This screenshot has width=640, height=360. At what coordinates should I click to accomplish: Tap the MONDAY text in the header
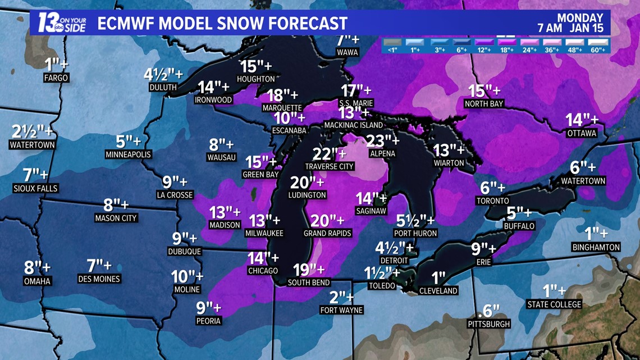point(580,18)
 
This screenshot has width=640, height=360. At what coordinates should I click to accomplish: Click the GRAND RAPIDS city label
point(327,233)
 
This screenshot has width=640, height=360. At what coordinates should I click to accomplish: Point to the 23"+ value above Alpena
point(382,140)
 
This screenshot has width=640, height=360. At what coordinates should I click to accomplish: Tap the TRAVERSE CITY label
point(330,166)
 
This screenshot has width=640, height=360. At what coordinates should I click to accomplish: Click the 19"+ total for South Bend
point(308,270)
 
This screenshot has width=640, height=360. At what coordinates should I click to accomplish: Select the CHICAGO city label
point(263,271)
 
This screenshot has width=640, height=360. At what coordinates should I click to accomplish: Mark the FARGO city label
point(56,78)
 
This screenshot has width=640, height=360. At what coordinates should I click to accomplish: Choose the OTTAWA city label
point(581,133)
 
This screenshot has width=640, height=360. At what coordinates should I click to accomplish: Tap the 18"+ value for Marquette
point(282,95)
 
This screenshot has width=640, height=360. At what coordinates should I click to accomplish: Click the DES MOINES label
point(99,279)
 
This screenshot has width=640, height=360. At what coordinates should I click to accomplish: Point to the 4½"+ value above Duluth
point(163,74)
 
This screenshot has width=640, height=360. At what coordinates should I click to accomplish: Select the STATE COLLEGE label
point(554,304)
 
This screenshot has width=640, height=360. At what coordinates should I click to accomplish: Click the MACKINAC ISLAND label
point(353,125)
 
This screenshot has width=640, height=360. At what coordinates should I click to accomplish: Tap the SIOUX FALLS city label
point(35,189)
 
